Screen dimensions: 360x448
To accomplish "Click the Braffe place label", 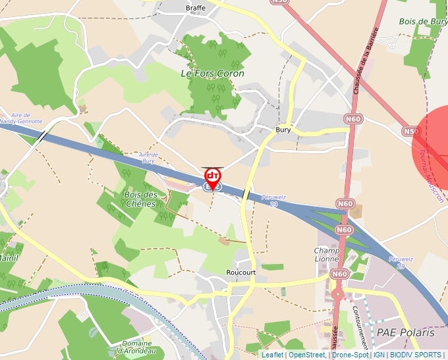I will point(196,8).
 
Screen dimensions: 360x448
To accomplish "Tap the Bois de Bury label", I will point(423,22).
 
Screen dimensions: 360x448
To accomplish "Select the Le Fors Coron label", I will point(212,74).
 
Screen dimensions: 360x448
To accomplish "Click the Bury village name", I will point(283,130).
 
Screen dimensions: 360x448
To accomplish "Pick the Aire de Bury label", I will point(148,157).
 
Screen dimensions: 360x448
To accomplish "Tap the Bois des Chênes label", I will point(140,199).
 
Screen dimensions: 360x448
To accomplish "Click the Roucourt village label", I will point(240,272).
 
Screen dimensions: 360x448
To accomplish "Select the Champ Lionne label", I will point(327,255).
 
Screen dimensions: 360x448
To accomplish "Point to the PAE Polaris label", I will point(405,333).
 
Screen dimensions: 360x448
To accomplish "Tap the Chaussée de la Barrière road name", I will point(366,61).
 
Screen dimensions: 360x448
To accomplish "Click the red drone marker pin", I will point(212,178).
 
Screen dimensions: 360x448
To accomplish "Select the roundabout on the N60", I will point(339,294).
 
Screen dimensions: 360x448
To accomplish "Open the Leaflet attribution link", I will point(272,355).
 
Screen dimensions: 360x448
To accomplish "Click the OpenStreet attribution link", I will point(306,355).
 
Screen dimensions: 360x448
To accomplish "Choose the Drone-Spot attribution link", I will point(350,355).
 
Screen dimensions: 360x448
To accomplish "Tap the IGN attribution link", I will point(379,355).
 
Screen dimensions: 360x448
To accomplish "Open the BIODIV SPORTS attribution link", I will point(416,355).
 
